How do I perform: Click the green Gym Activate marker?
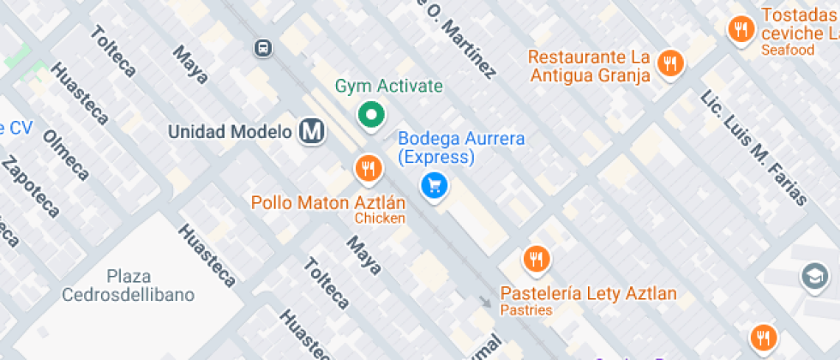click(370, 115)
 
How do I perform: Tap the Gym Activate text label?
click(388, 87)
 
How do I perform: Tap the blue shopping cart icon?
click(434, 185)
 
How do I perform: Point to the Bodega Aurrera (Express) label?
click(460, 147)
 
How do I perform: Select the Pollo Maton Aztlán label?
click(327, 203)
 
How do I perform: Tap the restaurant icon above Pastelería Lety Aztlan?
click(537, 258)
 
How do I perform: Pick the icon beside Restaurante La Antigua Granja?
click(670, 63)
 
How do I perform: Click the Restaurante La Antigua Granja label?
click(589, 66)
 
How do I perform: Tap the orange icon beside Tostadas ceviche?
click(740, 30)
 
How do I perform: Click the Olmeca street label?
click(66, 155)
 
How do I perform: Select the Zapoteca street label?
click(30, 187)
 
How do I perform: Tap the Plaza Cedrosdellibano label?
click(128, 285)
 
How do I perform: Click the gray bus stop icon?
click(263, 48)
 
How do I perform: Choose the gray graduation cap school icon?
click(813, 276)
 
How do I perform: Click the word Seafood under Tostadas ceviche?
click(787, 50)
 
